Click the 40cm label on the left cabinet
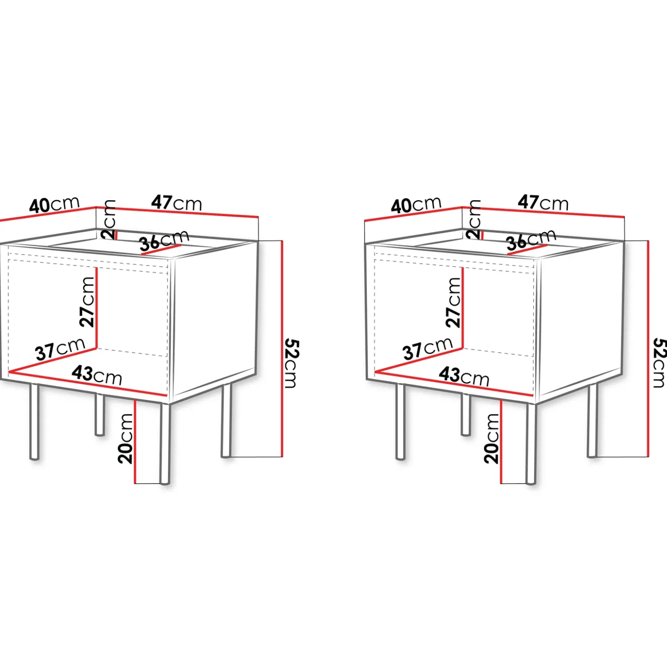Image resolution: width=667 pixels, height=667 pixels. tap(55, 205)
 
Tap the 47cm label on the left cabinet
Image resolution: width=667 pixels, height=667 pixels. tap(177, 203)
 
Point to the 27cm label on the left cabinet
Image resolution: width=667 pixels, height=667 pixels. tap(87, 302)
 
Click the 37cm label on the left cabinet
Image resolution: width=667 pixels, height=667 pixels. tap(60, 349)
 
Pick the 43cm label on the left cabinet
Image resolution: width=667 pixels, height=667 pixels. tap(97, 375)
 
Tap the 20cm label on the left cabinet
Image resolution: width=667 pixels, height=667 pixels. tap(126, 439)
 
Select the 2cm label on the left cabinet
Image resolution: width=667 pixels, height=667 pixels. tap(109, 219)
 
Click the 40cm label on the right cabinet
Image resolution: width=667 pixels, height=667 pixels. tap(416, 205)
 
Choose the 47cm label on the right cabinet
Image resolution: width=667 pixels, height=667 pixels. tap(543, 203)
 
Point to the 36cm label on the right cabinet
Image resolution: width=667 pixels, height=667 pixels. tap(531, 240)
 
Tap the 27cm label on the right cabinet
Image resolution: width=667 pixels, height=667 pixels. tap(453, 302)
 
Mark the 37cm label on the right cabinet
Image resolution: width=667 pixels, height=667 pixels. tap(428, 349)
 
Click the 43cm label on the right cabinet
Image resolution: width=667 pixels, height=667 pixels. tap(464, 376)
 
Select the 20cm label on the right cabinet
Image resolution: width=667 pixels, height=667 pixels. tap(492, 439)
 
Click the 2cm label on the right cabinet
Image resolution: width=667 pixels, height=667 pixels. tap(474, 219)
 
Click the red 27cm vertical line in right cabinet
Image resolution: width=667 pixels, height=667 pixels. tap(463, 308)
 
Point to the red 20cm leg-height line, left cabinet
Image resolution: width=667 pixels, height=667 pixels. tap(135, 441)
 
